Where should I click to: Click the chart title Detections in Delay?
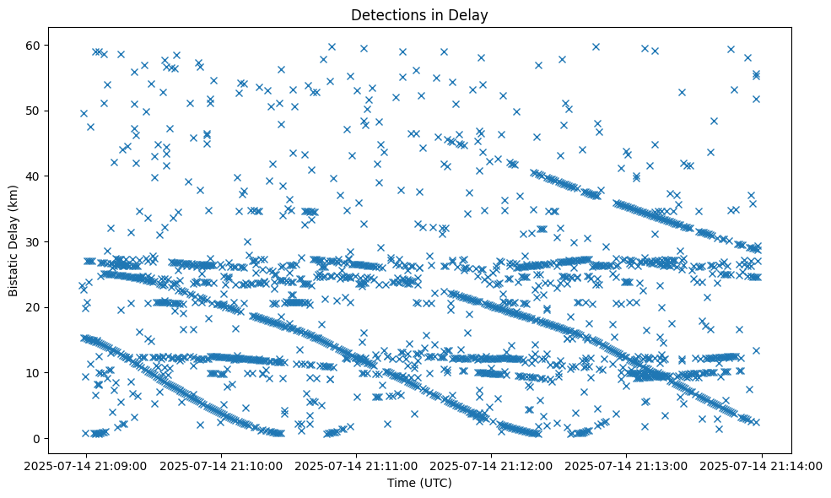pyautogui.click(x=419, y=14)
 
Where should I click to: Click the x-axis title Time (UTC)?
pyautogui.click(x=419, y=483)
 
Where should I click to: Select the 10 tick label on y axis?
pyautogui.click(x=37, y=373)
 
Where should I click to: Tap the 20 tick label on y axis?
pyautogui.click(x=37, y=307)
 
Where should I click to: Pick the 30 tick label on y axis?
pyautogui.click(x=37, y=242)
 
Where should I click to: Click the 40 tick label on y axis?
pyautogui.click(x=37, y=176)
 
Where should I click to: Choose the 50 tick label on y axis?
pyautogui.click(x=37, y=111)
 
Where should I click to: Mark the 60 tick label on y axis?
pyautogui.click(x=37, y=45)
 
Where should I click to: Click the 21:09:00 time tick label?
pyautogui.click(x=85, y=465)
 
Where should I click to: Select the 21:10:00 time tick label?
pyautogui.click(x=221, y=465)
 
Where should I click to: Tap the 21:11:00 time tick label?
pyautogui.click(x=356, y=465)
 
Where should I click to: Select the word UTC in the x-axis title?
pyautogui.click(x=437, y=483)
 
